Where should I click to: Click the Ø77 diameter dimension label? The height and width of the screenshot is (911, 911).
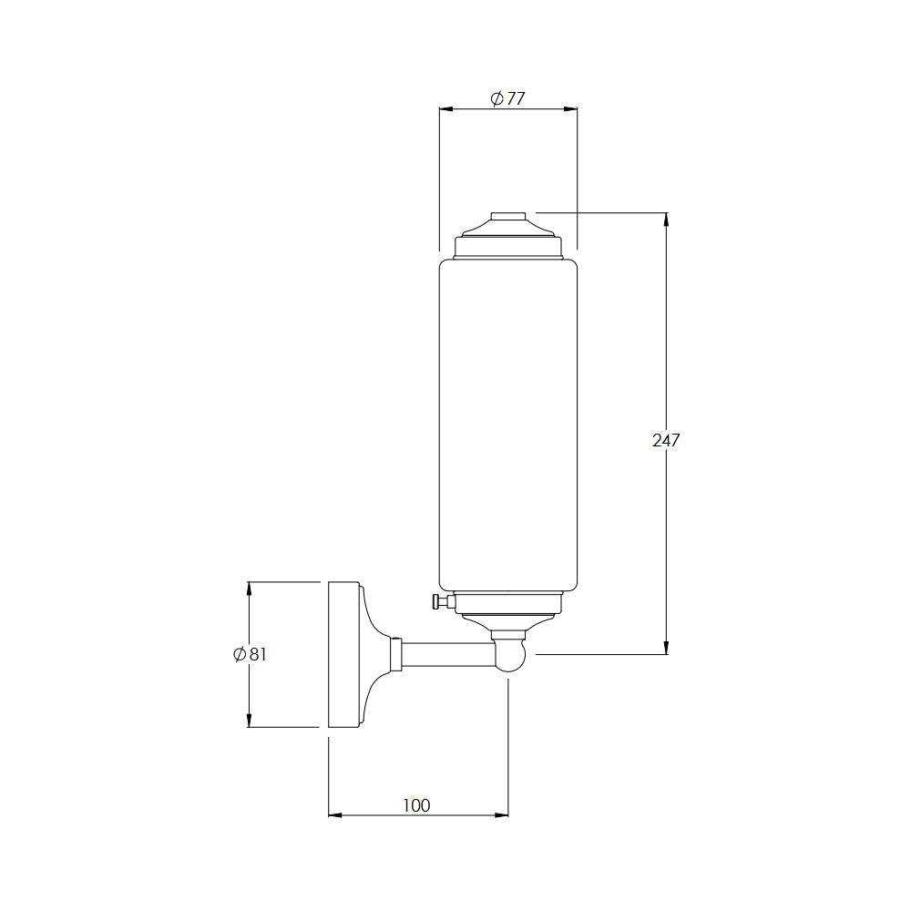click(507, 98)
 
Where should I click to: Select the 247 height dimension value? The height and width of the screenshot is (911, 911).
click(666, 440)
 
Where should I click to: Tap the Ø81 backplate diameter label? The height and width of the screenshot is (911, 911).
click(250, 654)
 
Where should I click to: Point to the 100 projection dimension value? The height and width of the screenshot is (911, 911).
click(416, 805)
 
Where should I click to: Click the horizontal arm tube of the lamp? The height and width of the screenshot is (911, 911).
click(447, 654)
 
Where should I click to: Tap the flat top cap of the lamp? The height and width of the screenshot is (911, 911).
click(508, 217)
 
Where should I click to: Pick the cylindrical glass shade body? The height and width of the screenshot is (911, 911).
click(508, 425)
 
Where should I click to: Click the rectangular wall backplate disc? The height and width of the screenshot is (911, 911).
click(344, 654)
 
